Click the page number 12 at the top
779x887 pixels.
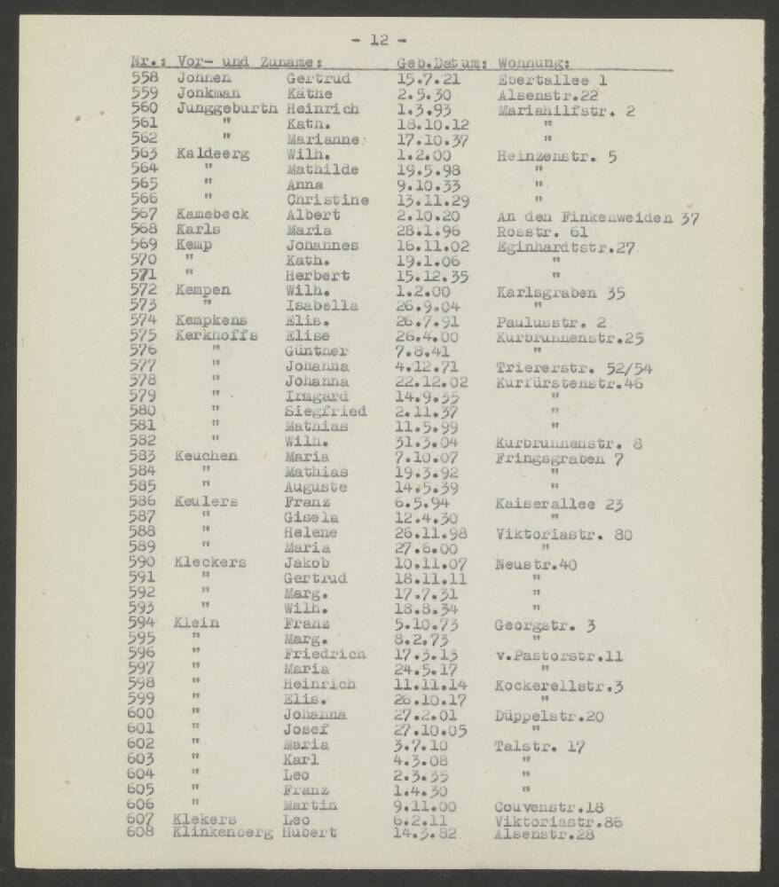379,40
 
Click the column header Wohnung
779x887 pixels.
534,63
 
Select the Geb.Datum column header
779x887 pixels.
439,63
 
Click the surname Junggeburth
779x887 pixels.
228,109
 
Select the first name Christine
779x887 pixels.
327,200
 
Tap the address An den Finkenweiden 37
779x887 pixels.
594,216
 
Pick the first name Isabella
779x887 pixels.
321,306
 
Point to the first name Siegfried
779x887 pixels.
324,412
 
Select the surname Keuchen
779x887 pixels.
207,457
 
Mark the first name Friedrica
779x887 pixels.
324,655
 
